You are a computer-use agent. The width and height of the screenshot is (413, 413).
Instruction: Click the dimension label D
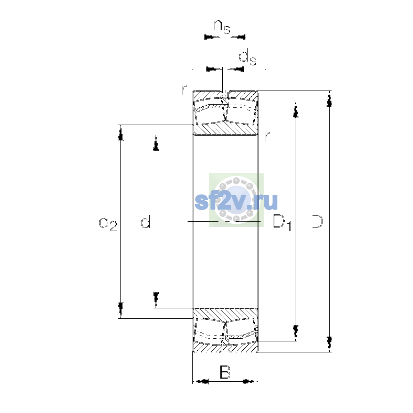[x=317, y=221]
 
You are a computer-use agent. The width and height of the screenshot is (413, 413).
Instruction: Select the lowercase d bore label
[x=145, y=221]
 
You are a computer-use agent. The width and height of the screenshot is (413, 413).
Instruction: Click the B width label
[x=225, y=372]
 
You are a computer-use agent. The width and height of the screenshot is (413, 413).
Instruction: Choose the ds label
[x=247, y=57]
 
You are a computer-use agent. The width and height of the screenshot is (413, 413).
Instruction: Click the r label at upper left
[x=184, y=90]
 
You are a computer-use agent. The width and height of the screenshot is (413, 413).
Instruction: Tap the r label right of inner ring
[x=267, y=136]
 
